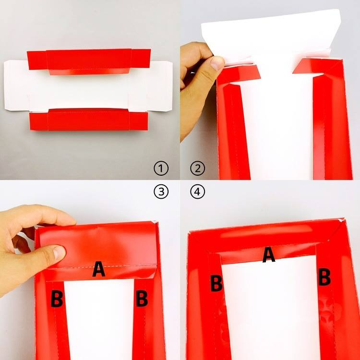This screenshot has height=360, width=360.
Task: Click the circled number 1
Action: [161, 168]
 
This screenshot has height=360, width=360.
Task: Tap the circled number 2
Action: [198, 168]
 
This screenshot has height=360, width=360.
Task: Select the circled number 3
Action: [161, 191]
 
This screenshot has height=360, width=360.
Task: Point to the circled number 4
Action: [198, 191]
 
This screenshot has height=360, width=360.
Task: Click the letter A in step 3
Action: [99, 269]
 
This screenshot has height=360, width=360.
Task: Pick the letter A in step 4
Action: [269, 254]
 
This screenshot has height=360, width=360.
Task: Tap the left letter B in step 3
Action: [57, 299]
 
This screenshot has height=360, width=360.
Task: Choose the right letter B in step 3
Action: [142, 298]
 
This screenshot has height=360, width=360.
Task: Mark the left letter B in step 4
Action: [216, 283]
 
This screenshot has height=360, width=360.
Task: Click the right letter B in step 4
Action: [324, 277]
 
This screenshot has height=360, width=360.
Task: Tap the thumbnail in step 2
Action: [216, 63]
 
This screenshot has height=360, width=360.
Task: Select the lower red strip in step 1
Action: [89, 120]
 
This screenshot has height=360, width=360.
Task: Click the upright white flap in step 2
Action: [271, 37]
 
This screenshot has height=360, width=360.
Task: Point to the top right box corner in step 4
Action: [343, 220]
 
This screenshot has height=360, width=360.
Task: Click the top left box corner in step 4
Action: [189, 233]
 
